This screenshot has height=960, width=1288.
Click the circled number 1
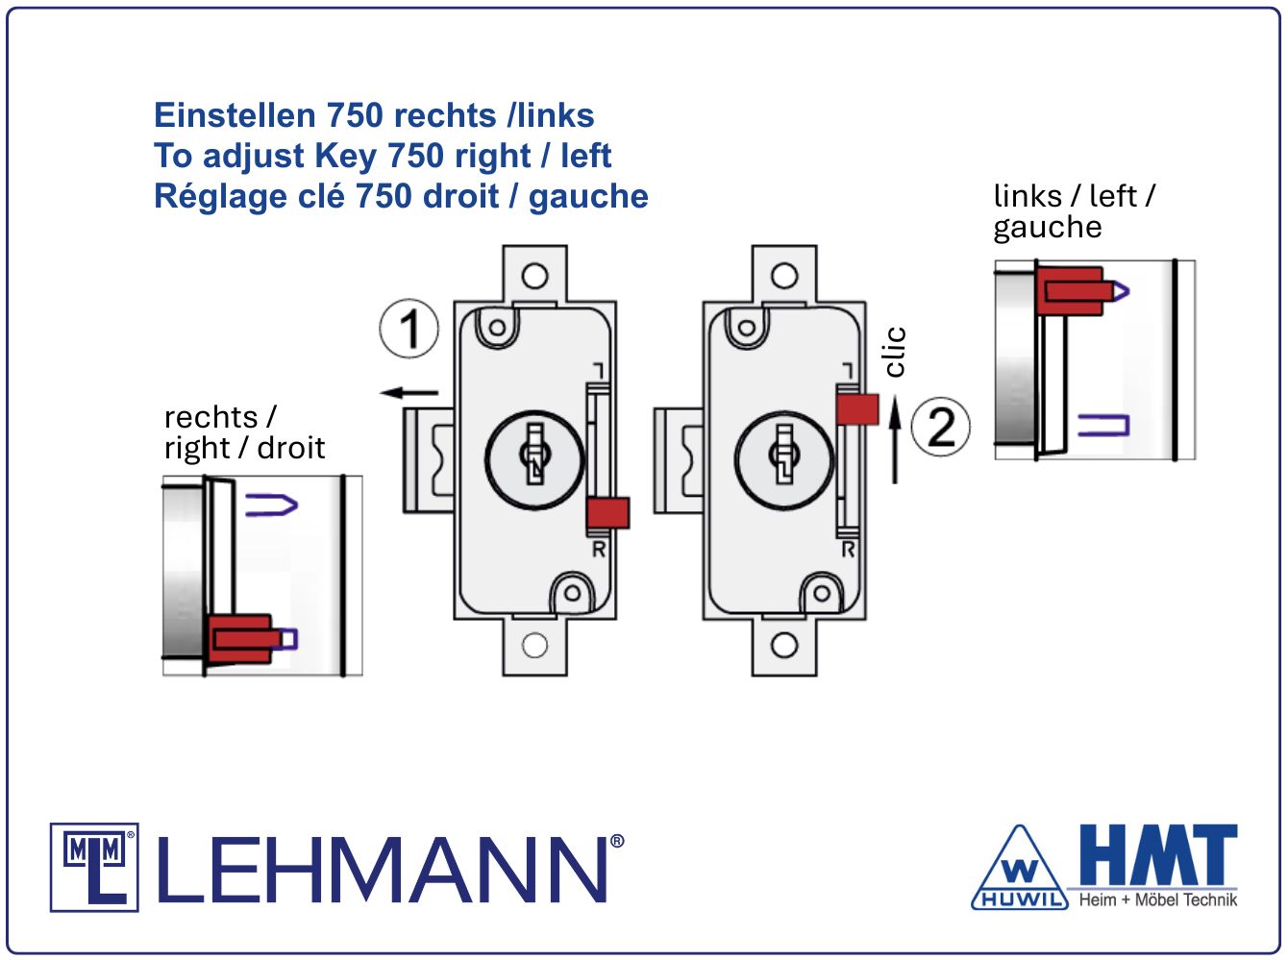point(409,329)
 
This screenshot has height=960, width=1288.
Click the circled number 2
point(940,427)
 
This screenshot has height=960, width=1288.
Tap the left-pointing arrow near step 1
point(409,392)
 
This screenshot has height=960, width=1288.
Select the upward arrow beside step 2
point(894,442)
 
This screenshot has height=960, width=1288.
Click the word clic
point(894,352)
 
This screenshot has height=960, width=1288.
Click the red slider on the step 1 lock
point(607,512)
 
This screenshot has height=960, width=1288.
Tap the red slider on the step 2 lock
point(856,408)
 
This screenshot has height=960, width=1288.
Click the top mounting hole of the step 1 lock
point(534,277)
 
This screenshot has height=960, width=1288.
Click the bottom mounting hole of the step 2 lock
point(784,645)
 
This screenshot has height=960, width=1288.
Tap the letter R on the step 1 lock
point(599,550)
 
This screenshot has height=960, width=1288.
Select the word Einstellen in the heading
point(235,115)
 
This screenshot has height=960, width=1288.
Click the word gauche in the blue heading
point(588,196)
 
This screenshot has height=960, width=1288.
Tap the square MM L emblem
point(94,867)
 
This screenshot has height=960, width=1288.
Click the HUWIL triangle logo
point(1020,871)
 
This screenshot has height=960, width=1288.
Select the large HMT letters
point(1157,854)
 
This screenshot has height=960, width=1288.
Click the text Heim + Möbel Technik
point(1157,900)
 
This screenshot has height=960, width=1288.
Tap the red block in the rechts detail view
point(238,636)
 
